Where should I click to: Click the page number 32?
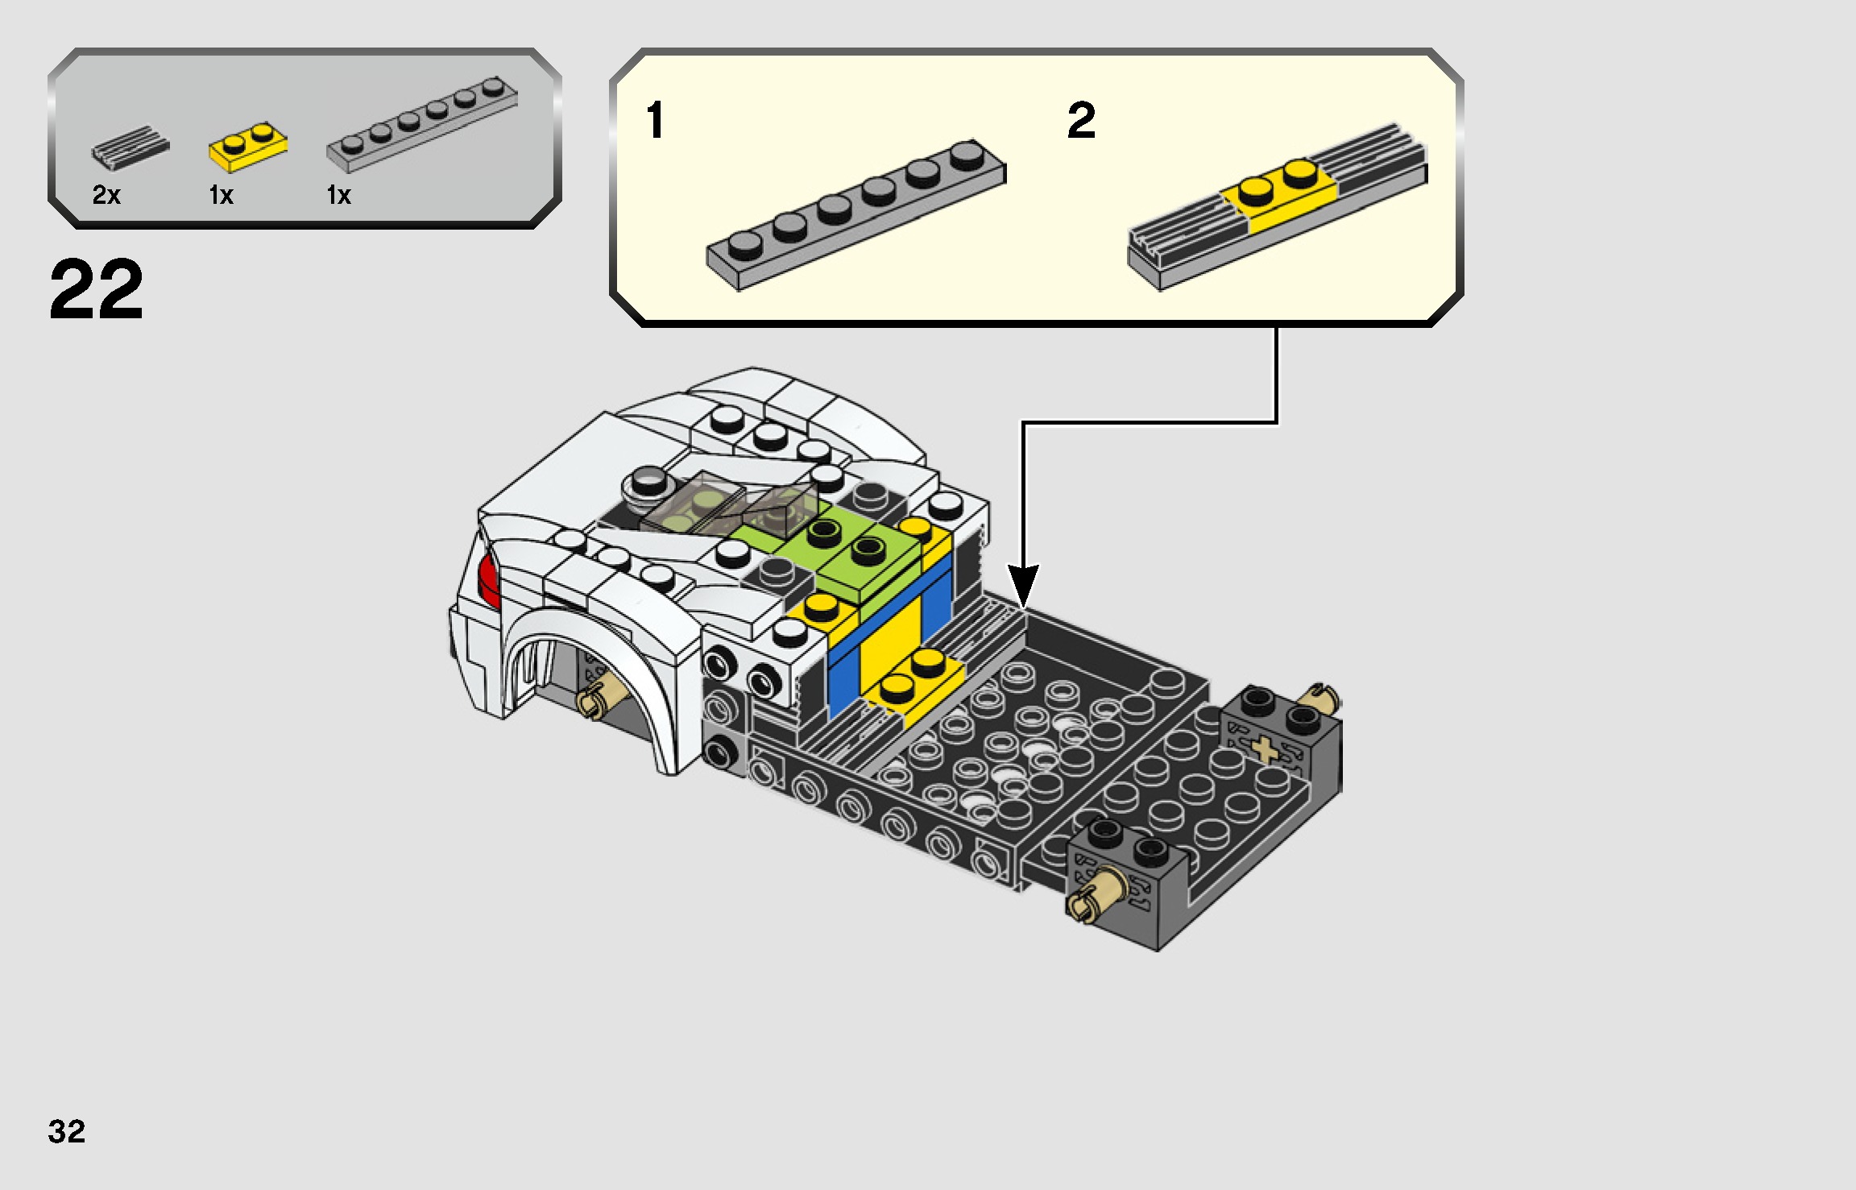(x=66, y=1131)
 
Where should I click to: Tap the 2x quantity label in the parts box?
(x=106, y=194)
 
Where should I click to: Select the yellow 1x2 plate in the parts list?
(x=247, y=148)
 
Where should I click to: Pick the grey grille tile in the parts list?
(x=130, y=147)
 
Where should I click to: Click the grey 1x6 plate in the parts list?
(x=421, y=125)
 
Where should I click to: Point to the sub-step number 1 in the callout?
(x=655, y=121)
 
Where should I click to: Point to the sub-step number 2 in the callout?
(x=1080, y=121)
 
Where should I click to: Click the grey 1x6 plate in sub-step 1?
(x=855, y=214)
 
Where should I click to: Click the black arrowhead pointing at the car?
(x=1023, y=583)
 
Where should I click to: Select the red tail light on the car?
(x=488, y=579)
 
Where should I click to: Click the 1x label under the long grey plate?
(x=338, y=195)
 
